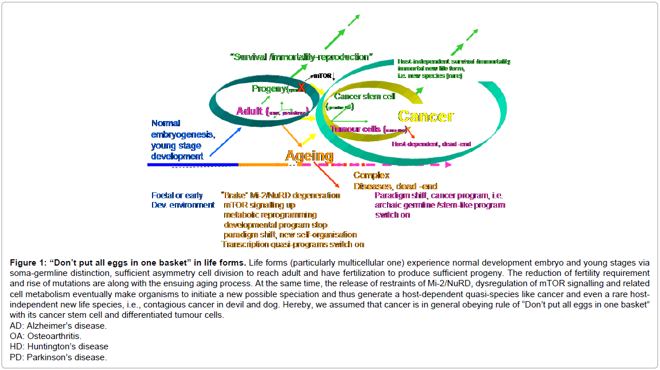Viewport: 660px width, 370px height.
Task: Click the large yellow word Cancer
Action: (425, 116)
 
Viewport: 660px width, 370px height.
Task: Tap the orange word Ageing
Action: (309, 155)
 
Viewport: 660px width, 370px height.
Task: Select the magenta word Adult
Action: (249, 111)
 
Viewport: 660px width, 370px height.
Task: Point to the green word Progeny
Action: (269, 89)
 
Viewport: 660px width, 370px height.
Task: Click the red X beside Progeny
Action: (301, 88)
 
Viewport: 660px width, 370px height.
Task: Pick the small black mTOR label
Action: (322, 75)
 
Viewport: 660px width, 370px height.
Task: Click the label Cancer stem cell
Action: (365, 96)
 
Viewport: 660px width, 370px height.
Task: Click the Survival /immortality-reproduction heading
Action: (301, 57)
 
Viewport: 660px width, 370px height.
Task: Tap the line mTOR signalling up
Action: (260, 205)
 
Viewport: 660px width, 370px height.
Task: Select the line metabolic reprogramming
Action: (270, 215)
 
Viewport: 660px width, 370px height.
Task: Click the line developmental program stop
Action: (275, 224)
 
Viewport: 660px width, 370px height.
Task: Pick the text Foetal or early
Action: (177, 195)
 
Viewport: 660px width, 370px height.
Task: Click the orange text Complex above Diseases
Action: (372, 176)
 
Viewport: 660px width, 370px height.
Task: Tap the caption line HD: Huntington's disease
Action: (59, 346)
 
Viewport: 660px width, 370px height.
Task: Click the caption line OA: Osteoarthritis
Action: (46, 336)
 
